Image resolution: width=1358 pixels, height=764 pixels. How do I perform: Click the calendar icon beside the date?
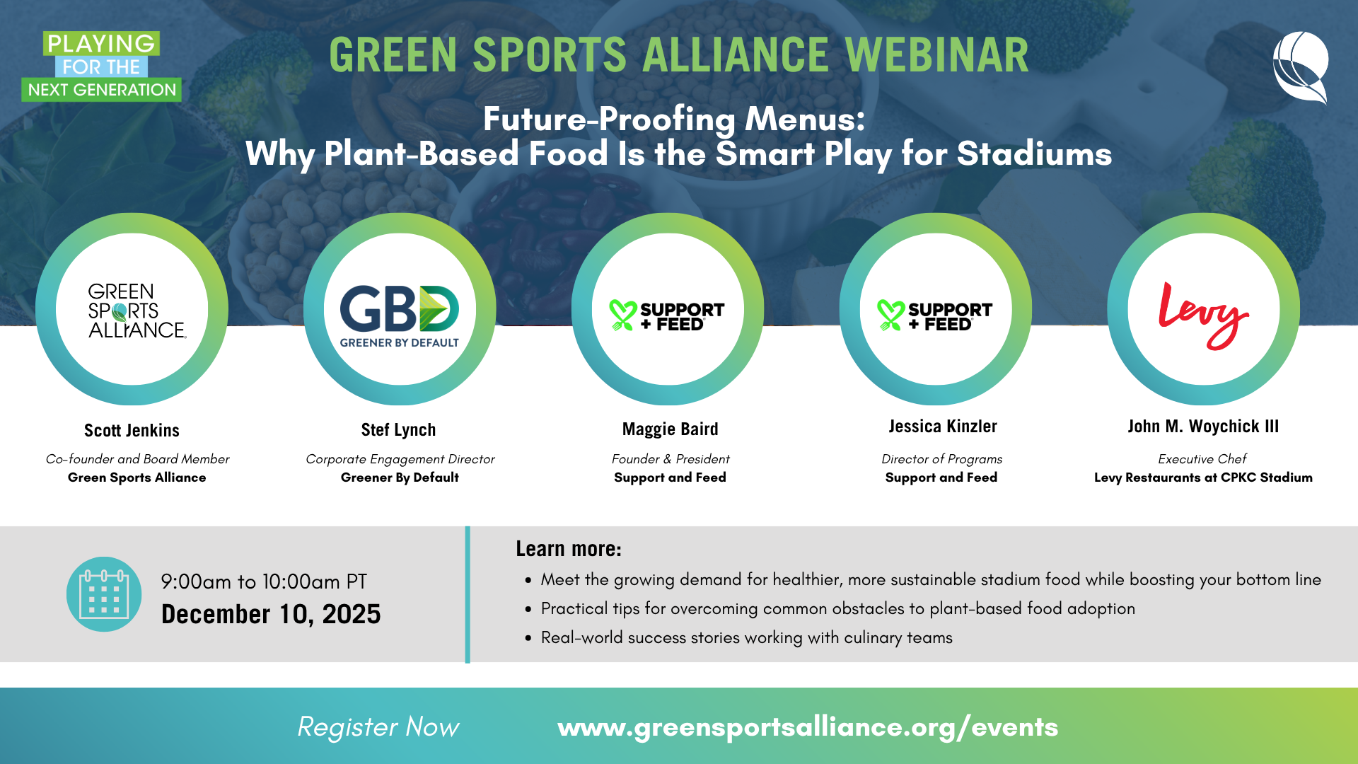pyautogui.click(x=104, y=594)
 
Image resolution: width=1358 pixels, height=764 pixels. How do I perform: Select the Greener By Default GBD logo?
pyautogui.click(x=400, y=315)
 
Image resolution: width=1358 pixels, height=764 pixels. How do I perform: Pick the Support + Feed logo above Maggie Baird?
pyautogui.click(x=667, y=316)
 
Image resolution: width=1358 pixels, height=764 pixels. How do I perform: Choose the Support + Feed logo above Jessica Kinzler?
pyautogui.click(x=935, y=316)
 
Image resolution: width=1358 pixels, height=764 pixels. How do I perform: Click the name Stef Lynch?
pyautogui.click(x=398, y=430)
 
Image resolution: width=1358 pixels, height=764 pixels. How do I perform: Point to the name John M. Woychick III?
pyautogui.click(x=1203, y=427)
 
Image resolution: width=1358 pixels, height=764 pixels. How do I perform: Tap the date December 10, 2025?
pyautogui.click(x=271, y=614)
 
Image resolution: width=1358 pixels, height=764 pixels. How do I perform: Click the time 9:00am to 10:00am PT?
pyautogui.click(x=264, y=581)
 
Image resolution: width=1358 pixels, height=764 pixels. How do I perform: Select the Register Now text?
pyautogui.click(x=378, y=727)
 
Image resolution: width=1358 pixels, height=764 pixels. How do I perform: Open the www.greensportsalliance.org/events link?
pyautogui.click(x=808, y=727)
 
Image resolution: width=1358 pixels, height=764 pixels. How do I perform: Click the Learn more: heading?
pyautogui.click(x=568, y=549)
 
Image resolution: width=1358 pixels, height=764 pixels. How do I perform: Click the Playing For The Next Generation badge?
pyautogui.click(x=101, y=66)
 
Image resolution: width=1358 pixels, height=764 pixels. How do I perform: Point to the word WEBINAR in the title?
pyautogui.click(x=936, y=55)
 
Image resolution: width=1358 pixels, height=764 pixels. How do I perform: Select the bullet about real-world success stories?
pyautogui.click(x=746, y=638)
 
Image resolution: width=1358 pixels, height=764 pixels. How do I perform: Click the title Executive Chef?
pyautogui.click(x=1202, y=459)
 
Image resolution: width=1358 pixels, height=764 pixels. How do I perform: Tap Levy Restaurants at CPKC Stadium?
pyautogui.click(x=1203, y=477)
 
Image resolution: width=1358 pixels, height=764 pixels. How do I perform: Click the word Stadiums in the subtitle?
pyautogui.click(x=1034, y=154)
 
